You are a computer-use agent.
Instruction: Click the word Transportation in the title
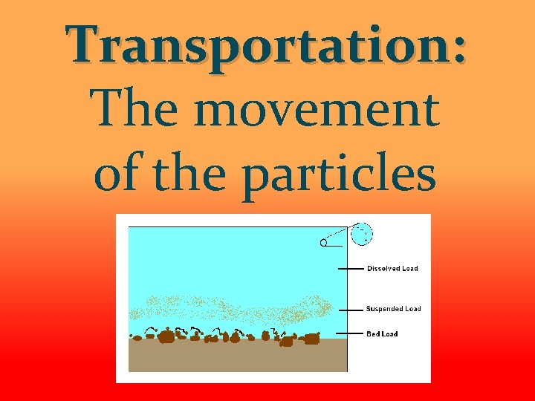[x=256, y=45]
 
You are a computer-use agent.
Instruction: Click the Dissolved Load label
[x=392, y=269]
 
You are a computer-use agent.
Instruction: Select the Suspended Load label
[x=393, y=309]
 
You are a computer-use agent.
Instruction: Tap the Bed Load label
[x=382, y=334]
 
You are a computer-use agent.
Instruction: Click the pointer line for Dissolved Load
[x=351, y=269]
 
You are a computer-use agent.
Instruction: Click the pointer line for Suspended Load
[x=351, y=309]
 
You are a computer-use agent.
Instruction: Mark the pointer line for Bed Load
[x=351, y=333]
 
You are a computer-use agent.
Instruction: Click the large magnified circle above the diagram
[x=361, y=234]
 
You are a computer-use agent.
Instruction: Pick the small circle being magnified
[x=324, y=243]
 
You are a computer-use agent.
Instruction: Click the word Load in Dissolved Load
[x=410, y=269]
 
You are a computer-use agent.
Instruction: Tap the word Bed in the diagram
[x=373, y=334]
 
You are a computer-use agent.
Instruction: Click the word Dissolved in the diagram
[x=383, y=269]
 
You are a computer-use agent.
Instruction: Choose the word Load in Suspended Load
[x=412, y=309]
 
